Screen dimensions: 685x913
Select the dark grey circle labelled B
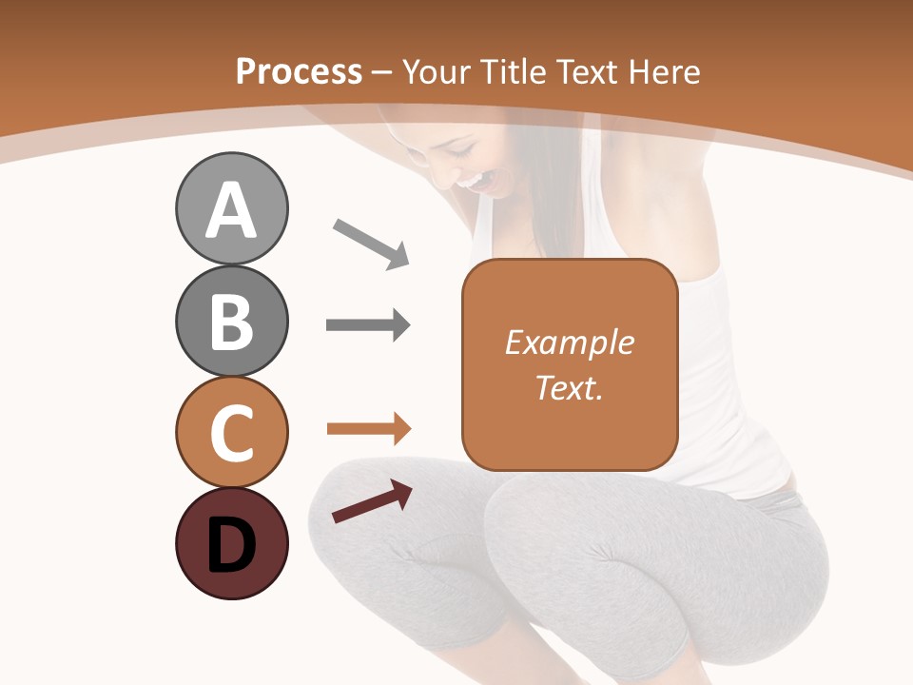[231, 321]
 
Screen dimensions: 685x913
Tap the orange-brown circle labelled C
[231, 432]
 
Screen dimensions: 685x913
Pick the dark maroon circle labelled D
[231, 544]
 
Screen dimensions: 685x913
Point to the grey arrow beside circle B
[368, 325]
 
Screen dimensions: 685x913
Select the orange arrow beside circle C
[369, 429]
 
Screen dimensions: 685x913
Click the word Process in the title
[299, 72]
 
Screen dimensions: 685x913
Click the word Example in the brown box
[569, 342]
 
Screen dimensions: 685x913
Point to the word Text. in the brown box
[569, 387]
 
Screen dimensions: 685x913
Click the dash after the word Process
[382, 73]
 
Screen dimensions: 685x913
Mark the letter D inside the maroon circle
[231, 545]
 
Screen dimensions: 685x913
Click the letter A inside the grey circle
[231, 211]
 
